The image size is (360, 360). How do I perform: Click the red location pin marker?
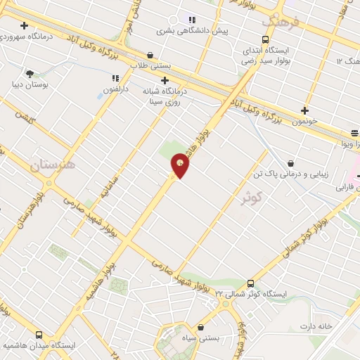coord(180,166)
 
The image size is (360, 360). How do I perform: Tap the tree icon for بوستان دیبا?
coord(30,73)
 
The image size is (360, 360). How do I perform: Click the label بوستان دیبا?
coord(28,85)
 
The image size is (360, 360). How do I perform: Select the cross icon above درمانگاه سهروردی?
coord(24,25)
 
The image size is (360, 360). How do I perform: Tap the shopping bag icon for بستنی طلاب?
coord(150,55)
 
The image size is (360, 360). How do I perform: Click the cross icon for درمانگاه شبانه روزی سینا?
coord(165,80)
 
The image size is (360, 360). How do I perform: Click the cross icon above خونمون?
coord(304,110)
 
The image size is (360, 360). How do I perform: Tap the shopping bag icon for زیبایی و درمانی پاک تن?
coord(291,162)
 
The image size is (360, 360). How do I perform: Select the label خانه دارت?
coord(315,326)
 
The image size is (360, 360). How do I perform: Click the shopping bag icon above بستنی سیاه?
coord(202,327)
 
